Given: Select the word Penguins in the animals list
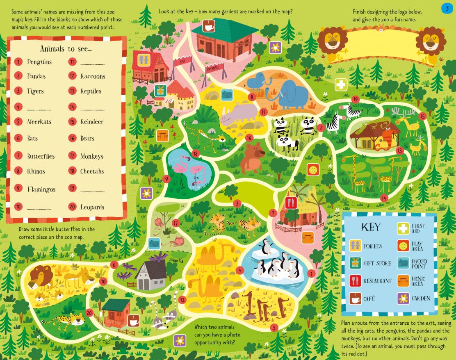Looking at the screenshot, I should [39, 62].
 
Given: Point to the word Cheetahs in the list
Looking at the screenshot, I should [92, 171].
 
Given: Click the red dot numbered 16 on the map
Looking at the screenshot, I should [249, 138].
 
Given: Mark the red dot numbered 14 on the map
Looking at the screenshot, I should [383, 198].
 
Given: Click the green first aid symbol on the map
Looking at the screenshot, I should [341, 85].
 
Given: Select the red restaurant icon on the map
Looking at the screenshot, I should [290, 203].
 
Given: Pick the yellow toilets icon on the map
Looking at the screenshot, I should [143, 59].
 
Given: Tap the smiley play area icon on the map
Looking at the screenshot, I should [313, 169].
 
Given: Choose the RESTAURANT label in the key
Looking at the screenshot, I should [377, 281].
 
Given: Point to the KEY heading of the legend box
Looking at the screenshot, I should [370, 227].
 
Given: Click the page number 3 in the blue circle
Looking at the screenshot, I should [447, 8].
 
